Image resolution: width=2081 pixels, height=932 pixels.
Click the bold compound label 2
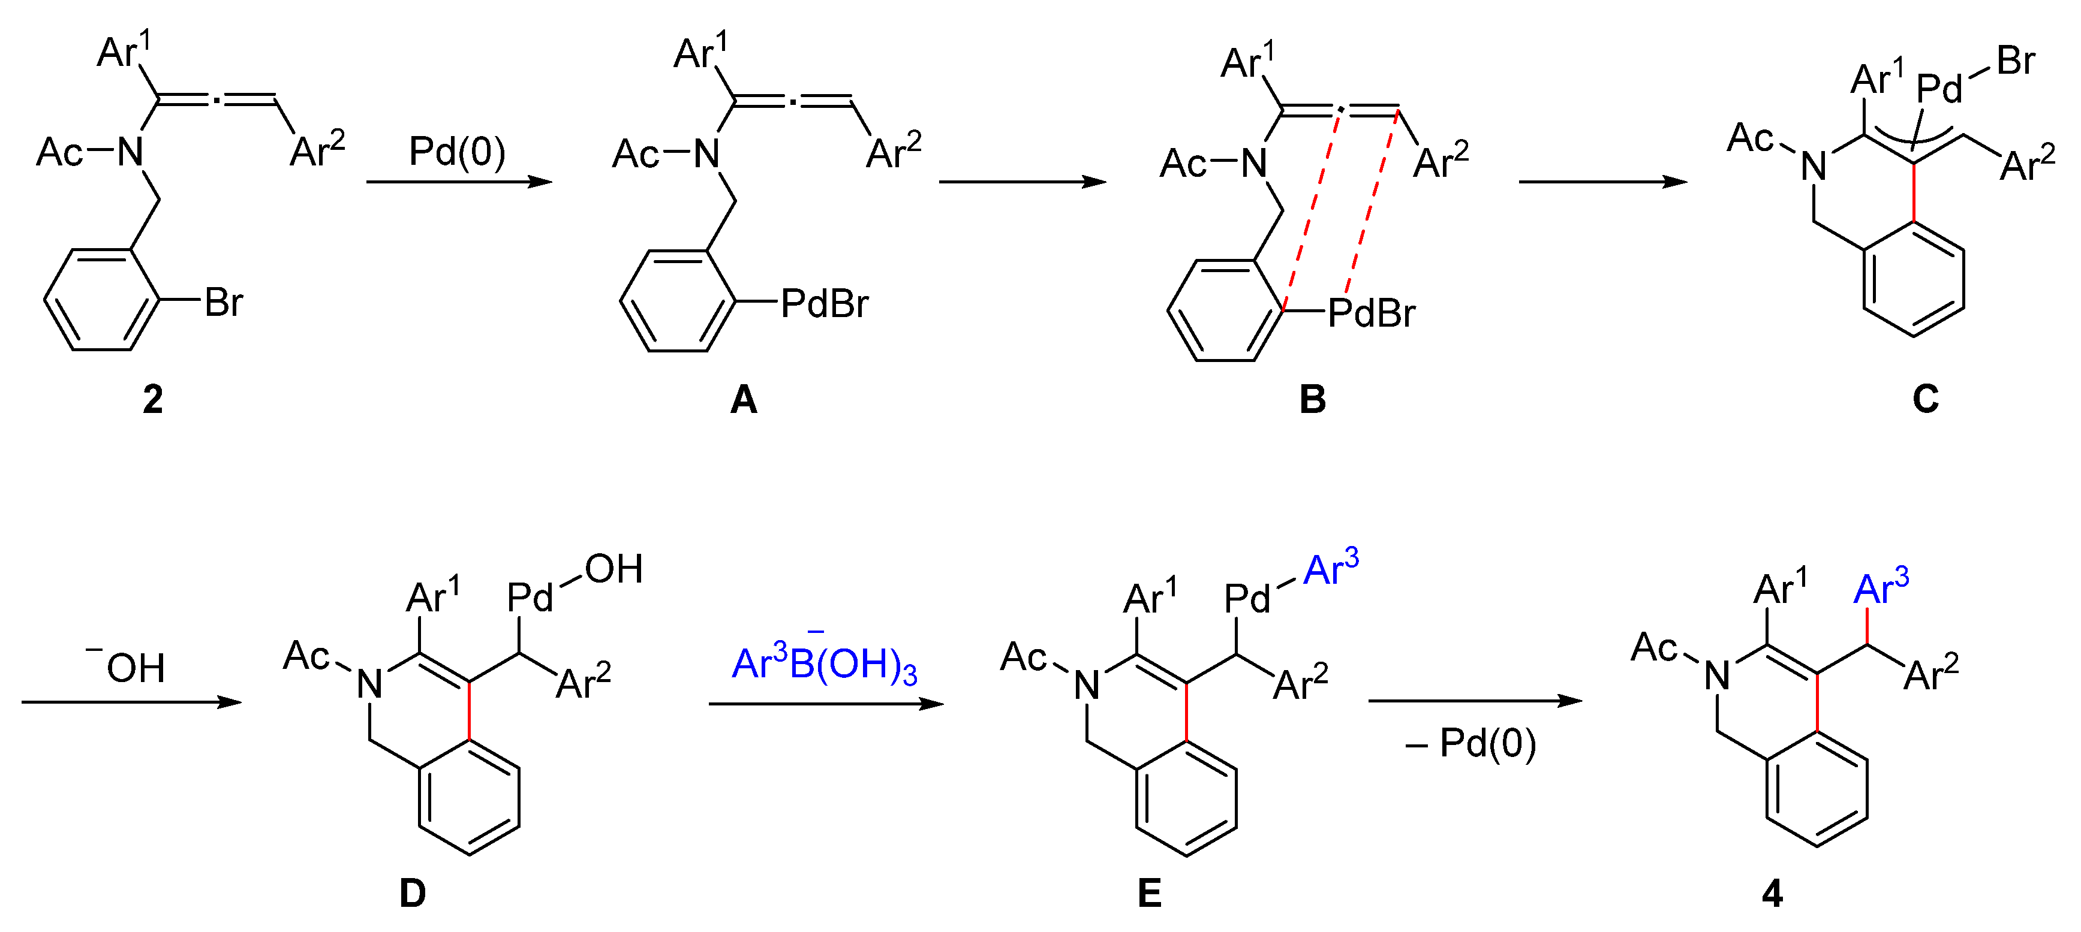tap(153, 400)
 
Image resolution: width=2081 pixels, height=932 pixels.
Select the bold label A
tap(743, 400)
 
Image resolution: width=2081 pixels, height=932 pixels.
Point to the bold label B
tap(1312, 400)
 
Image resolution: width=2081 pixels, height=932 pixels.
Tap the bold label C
tap(1925, 399)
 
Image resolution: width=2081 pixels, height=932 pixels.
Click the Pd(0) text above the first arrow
tap(457, 152)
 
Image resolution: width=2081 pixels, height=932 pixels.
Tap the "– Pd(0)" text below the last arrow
tap(1470, 743)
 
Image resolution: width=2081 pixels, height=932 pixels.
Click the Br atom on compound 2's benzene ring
tap(224, 303)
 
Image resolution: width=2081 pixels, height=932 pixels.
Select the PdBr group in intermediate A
tap(825, 304)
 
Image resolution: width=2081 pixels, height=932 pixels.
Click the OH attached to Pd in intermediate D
tap(614, 569)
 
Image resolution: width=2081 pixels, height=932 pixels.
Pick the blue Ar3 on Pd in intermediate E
tap(1331, 569)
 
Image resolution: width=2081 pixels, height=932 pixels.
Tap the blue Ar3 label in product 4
tap(1881, 588)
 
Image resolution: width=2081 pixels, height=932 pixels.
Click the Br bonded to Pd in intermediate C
tap(2016, 61)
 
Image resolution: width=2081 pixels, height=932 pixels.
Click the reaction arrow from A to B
tap(1022, 182)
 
